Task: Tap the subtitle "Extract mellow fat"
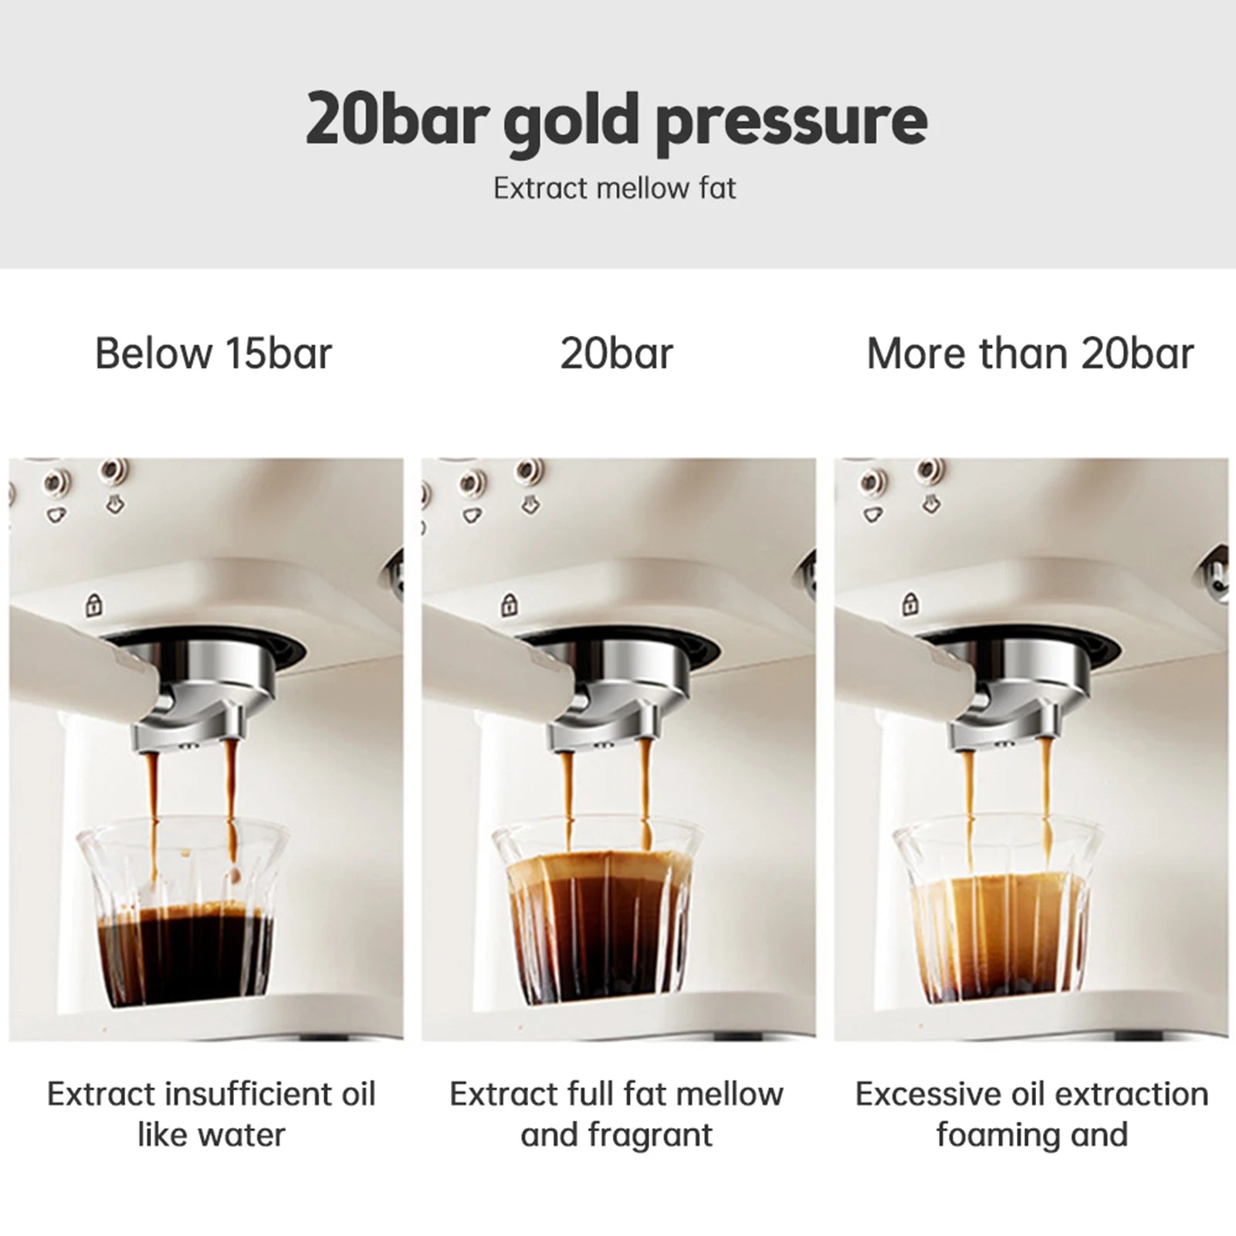coord(615,188)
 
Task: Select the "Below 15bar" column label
coord(213,354)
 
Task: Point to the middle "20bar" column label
coord(616,354)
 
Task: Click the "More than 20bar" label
coord(1030,354)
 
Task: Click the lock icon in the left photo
coord(94,604)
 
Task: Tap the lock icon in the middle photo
coord(509,604)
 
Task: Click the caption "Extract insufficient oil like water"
coord(211,1115)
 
